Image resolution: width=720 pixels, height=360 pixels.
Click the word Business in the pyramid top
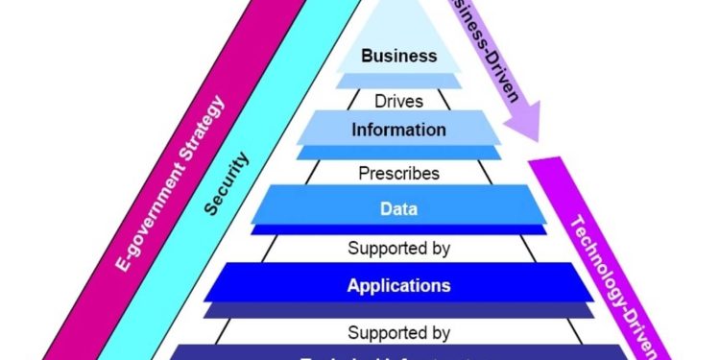click(398, 56)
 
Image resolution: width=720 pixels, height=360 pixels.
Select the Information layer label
click(398, 129)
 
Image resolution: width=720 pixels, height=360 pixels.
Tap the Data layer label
click(398, 205)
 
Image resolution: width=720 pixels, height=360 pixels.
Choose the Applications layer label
click(398, 285)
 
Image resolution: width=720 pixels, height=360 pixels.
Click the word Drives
click(398, 99)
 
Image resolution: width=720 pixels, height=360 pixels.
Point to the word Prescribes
click(398, 174)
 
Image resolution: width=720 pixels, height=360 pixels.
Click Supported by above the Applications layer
click(398, 250)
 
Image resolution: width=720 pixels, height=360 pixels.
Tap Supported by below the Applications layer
click(398, 333)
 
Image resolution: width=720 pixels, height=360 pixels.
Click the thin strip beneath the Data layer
click(398, 229)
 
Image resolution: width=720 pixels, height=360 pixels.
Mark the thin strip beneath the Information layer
click(398, 153)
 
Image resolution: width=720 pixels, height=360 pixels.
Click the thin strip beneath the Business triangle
click(398, 81)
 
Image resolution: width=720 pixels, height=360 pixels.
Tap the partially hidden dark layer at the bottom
click(398, 352)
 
